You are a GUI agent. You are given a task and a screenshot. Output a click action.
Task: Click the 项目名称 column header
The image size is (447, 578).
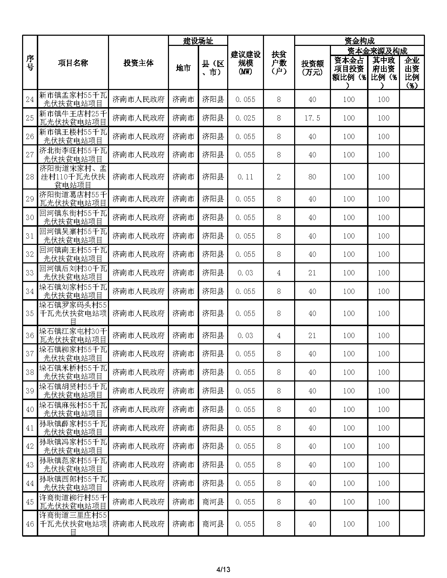click(73, 63)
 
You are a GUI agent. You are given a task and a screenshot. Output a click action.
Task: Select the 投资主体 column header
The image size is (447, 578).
click(138, 63)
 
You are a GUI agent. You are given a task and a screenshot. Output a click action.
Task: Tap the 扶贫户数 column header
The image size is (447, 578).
click(279, 63)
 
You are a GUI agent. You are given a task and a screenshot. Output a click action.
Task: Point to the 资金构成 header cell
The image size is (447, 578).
click(359, 41)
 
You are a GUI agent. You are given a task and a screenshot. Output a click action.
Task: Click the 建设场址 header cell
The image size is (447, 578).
click(198, 41)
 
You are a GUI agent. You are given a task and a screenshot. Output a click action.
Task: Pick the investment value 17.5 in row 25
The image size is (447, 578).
click(312, 118)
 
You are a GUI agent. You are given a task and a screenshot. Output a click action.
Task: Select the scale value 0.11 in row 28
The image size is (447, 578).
click(245, 177)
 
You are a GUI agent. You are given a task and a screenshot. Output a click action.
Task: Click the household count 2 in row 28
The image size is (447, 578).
click(279, 177)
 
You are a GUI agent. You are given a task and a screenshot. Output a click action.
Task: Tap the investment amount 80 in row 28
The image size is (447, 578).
click(312, 177)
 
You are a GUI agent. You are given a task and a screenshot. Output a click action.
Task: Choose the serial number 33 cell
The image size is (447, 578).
click(30, 273)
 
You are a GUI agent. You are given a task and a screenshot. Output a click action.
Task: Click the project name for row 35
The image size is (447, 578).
click(73, 314)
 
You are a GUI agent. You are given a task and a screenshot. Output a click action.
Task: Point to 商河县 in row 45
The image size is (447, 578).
click(213, 502)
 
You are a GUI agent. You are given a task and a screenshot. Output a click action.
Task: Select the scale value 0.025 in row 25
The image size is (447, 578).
click(245, 118)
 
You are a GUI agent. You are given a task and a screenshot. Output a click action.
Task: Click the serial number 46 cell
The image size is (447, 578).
click(30, 524)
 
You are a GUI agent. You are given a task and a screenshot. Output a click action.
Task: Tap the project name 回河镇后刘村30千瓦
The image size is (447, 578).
click(73, 273)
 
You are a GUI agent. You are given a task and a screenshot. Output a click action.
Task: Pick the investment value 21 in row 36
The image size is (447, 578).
click(312, 336)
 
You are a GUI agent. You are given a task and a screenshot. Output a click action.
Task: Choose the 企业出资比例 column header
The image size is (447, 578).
click(412, 73)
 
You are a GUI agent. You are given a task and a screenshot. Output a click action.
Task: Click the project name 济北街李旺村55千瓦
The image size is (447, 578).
click(73, 155)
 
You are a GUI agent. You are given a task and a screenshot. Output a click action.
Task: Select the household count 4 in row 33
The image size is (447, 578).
click(279, 273)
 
